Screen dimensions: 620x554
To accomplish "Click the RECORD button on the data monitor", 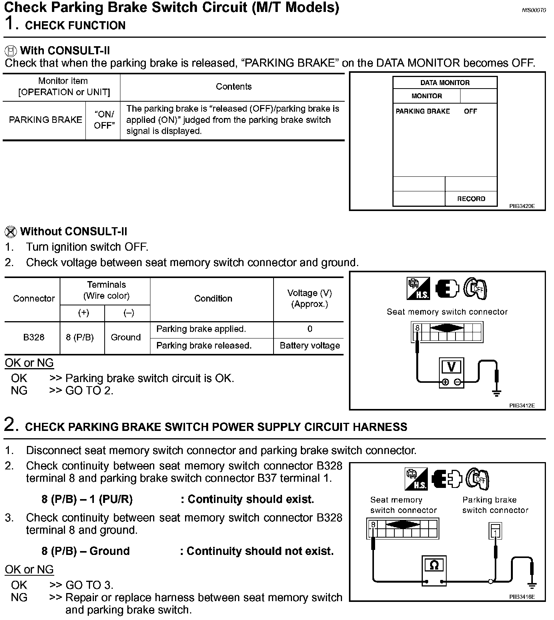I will pos(471,199).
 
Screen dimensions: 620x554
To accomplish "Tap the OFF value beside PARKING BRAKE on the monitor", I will pos(470,111).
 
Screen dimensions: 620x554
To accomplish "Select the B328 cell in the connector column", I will pos(33,337).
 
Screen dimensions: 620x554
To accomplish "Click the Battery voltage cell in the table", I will pos(310,346).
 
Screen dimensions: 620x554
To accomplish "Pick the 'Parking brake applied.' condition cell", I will pos(201,329).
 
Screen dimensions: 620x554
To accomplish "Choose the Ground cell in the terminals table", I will pos(126,337).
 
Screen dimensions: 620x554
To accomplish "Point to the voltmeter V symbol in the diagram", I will pos(451,367).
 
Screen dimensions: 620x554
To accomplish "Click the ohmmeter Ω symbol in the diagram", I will pos(434,565).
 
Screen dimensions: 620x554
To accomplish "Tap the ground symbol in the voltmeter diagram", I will pos(497,392).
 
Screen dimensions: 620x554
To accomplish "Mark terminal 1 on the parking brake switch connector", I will pos(496,533).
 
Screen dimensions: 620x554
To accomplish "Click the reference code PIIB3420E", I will pos(522,206).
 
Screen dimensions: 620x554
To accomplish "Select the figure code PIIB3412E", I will pos(522,406).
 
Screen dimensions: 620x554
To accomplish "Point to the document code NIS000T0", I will pos(534,10).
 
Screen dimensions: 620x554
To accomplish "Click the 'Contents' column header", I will pos(234,87).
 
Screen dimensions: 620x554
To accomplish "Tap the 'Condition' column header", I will pos(213,299).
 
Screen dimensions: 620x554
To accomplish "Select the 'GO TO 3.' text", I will pos(89,585).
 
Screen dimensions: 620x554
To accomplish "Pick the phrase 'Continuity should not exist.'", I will pos(260,551).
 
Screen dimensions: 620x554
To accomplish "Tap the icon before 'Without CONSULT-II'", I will pos(11,232).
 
